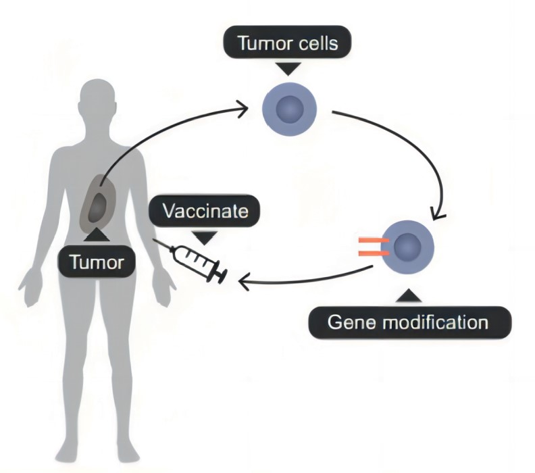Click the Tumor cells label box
tap(287, 44)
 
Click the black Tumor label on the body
tap(97, 262)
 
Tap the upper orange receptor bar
tap(370, 239)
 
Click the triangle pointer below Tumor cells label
tap(289, 68)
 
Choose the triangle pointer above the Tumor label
tap(97, 234)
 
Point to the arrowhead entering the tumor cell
tap(251, 105)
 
